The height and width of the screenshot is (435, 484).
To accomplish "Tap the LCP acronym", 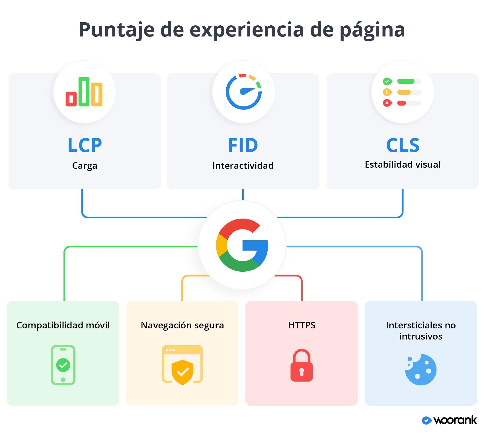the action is tap(85, 145).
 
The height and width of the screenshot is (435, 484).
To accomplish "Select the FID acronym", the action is tap(243, 145).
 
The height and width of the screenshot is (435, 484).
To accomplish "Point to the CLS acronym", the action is tap(403, 145).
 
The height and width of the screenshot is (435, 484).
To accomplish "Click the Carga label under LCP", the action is tap(85, 166).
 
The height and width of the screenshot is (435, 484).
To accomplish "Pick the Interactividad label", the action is tap(243, 165).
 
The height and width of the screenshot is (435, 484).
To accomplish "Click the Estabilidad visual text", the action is tap(403, 164).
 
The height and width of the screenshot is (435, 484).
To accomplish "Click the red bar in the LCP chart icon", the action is tap(71, 99).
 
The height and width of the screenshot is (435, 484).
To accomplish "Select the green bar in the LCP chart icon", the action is tap(84, 92).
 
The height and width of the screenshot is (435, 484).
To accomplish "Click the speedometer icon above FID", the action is tap(243, 92).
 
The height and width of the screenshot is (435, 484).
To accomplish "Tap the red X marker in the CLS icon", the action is tap(387, 103).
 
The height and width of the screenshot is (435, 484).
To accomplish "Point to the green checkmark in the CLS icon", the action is tap(387, 82).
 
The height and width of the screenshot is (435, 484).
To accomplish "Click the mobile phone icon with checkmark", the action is tap(63, 365).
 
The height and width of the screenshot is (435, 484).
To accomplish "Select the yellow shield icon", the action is tap(182, 372).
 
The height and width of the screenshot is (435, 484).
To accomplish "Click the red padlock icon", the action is tap(302, 365).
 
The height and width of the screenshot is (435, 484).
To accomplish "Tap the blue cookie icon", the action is tap(421, 370).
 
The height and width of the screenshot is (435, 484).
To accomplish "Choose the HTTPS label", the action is tap(302, 325).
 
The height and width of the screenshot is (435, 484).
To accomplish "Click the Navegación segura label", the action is tap(182, 326).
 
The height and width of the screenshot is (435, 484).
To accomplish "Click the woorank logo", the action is tap(450, 420).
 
